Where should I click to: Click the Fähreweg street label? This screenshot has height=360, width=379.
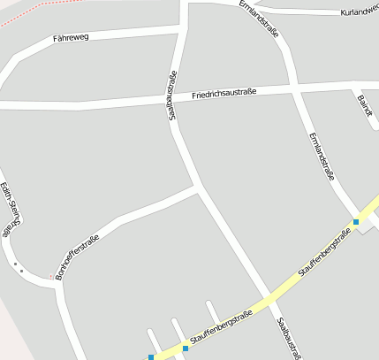[72, 38]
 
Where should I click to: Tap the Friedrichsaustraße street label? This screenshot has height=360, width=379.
[224, 92]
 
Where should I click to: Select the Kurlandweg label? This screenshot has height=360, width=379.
[359, 11]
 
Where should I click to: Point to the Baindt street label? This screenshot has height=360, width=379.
[364, 107]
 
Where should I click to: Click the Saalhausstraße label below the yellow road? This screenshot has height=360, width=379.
[289, 340]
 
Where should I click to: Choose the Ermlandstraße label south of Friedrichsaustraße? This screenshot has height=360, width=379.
[321, 157]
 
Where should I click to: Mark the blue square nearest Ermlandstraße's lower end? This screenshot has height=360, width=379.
[356, 221]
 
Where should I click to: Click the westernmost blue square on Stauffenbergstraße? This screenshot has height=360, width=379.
[151, 357]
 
